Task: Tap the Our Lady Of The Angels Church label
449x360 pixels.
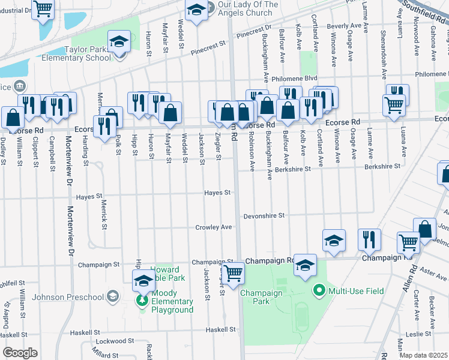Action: click(248, 8)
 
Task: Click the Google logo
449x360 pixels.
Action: click(20, 353)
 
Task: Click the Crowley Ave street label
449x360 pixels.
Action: click(213, 227)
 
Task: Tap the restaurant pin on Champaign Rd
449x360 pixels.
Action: click(369, 239)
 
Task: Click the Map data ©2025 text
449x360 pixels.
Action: click(423, 355)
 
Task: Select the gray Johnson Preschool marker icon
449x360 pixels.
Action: click(113, 295)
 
